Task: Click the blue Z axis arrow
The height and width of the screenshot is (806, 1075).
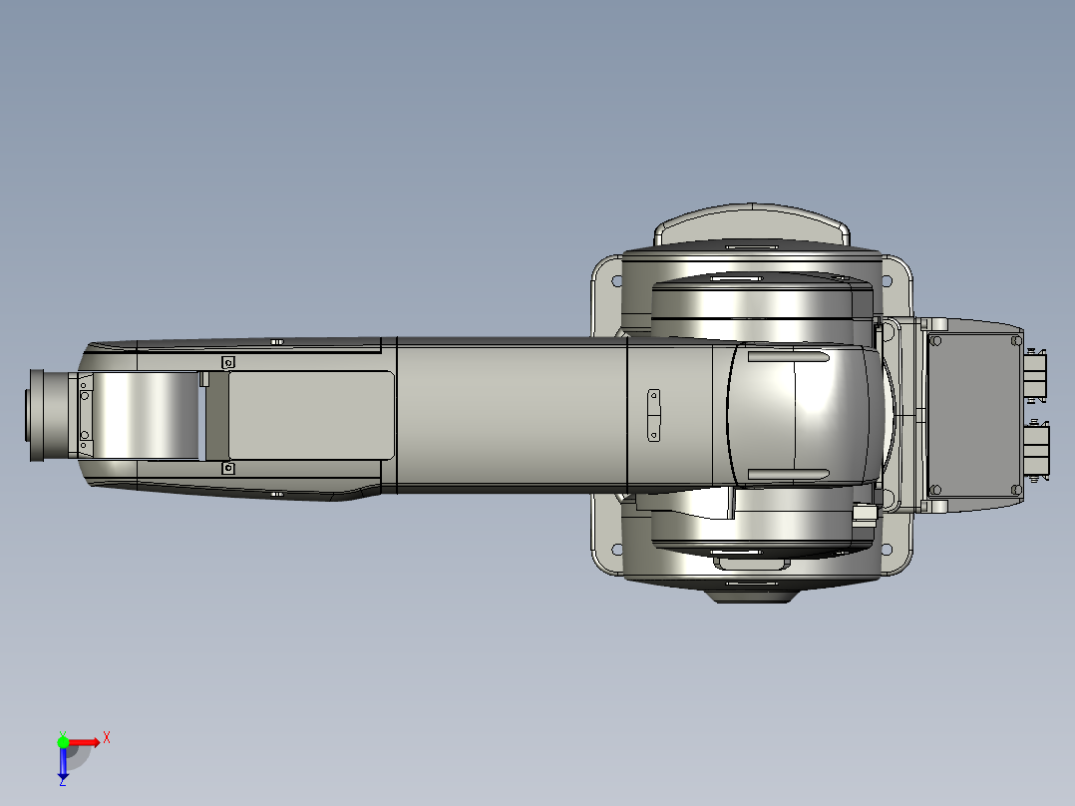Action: click(x=63, y=763)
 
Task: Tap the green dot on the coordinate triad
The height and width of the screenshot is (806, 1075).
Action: click(x=63, y=741)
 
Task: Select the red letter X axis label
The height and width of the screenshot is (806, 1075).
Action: click(x=106, y=737)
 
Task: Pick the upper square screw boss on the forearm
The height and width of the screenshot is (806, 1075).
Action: click(x=227, y=362)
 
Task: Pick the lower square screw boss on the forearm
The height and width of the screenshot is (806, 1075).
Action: click(x=227, y=467)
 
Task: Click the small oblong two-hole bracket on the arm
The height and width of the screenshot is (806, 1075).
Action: click(x=654, y=415)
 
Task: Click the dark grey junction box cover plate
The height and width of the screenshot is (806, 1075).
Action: click(x=972, y=415)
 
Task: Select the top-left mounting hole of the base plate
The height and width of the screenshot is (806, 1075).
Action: click(x=616, y=280)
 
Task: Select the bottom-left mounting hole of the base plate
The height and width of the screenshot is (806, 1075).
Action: click(x=616, y=550)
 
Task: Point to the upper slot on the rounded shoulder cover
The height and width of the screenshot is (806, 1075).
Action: click(x=788, y=357)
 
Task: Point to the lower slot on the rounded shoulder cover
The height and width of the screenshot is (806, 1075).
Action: click(x=788, y=473)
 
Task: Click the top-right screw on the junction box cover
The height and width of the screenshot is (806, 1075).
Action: click(x=1015, y=340)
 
